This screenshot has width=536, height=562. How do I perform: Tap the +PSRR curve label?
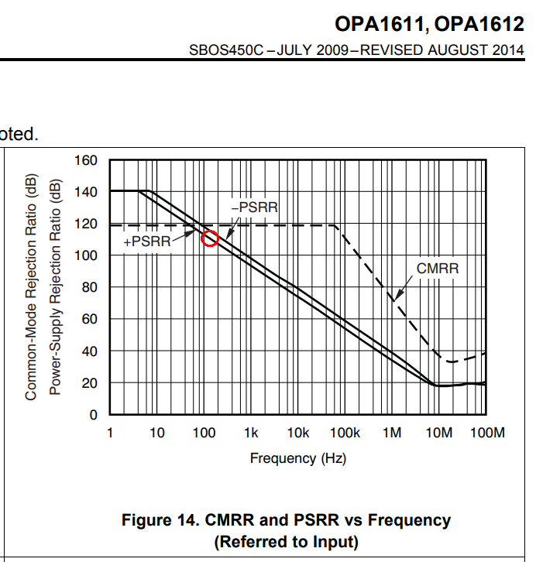point(147,242)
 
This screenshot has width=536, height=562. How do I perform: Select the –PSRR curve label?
point(255,207)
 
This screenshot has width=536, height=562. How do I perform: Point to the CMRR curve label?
point(438,269)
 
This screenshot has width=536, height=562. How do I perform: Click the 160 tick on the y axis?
point(86,160)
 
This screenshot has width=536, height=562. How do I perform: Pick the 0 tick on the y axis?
point(93,415)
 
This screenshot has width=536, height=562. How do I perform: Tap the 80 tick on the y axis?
point(90,287)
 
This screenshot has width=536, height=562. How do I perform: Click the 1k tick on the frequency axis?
point(251,433)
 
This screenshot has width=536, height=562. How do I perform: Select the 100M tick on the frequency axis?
point(487,433)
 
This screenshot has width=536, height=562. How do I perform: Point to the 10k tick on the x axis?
point(298,433)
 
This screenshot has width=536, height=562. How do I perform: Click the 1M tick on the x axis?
point(392,433)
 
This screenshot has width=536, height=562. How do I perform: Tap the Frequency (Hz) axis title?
point(298,458)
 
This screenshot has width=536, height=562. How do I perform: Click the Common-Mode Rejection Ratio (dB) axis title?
point(31,286)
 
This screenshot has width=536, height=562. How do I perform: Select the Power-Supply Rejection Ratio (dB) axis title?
point(55,286)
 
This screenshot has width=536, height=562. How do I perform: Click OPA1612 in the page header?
point(479,24)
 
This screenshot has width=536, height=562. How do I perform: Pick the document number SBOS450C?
point(226,50)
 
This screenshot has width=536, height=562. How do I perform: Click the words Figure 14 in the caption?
point(160,520)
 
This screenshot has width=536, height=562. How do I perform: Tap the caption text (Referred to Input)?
point(286,542)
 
